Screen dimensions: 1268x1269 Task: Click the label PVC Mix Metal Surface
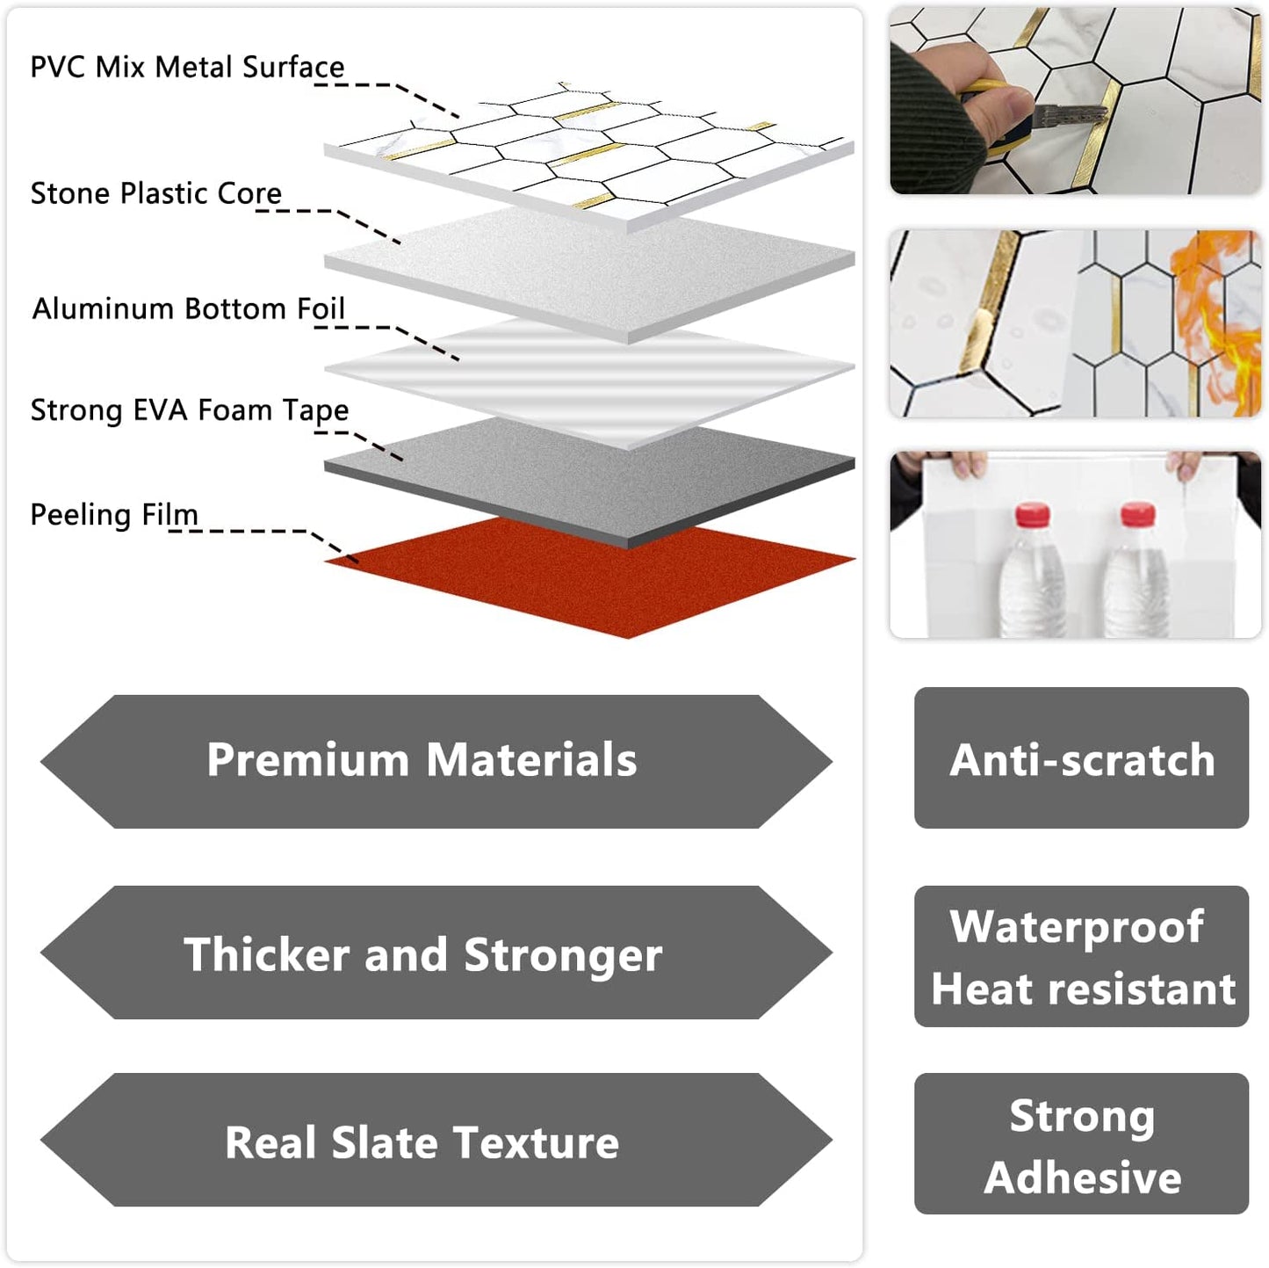[x=187, y=67]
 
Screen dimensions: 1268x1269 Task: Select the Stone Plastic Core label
[x=156, y=193]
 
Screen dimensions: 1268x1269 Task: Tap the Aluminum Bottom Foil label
[x=188, y=308]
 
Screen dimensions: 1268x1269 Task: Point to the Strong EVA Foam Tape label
[x=190, y=410]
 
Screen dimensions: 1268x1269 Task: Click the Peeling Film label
[x=114, y=514]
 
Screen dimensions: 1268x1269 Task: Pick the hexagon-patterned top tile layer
[x=588, y=149]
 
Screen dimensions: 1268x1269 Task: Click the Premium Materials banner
[x=422, y=760]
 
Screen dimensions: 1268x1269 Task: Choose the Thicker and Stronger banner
[x=422, y=953]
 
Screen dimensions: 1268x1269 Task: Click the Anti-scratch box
[x=1081, y=758]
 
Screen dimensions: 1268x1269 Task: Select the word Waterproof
[x=1077, y=927]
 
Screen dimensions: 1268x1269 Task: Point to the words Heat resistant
[x=1083, y=989]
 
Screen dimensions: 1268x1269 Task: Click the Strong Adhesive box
[x=1081, y=1144]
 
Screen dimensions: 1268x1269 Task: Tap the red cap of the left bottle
[x=1032, y=515]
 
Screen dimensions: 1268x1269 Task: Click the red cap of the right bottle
[x=1137, y=513]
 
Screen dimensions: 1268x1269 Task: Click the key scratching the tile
[x=1067, y=115]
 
